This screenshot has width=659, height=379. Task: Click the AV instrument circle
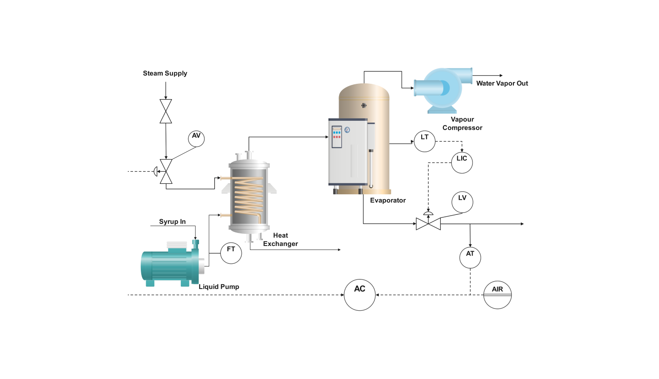tap(196, 139)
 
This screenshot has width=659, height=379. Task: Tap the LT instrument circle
tap(425, 141)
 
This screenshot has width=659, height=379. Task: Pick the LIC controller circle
tap(462, 163)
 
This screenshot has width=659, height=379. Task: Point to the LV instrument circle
tap(462, 202)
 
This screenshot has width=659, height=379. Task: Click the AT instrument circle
tap(470, 258)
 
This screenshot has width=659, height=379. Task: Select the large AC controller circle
tap(359, 295)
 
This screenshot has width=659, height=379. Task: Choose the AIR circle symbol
tap(497, 295)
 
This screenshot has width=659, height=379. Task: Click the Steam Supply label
tap(165, 73)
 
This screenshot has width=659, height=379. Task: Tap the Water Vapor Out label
tap(502, 83)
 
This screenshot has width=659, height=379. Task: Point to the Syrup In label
tap(172, 222)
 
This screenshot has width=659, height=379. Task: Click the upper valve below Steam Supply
tap(166, 111)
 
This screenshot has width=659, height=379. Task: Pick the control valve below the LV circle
tap(428, 223)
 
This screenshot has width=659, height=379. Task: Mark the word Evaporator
tap(388, 200)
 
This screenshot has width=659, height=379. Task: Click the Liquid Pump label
tap(219, 287)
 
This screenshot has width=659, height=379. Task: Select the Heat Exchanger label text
tap(280, 239)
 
